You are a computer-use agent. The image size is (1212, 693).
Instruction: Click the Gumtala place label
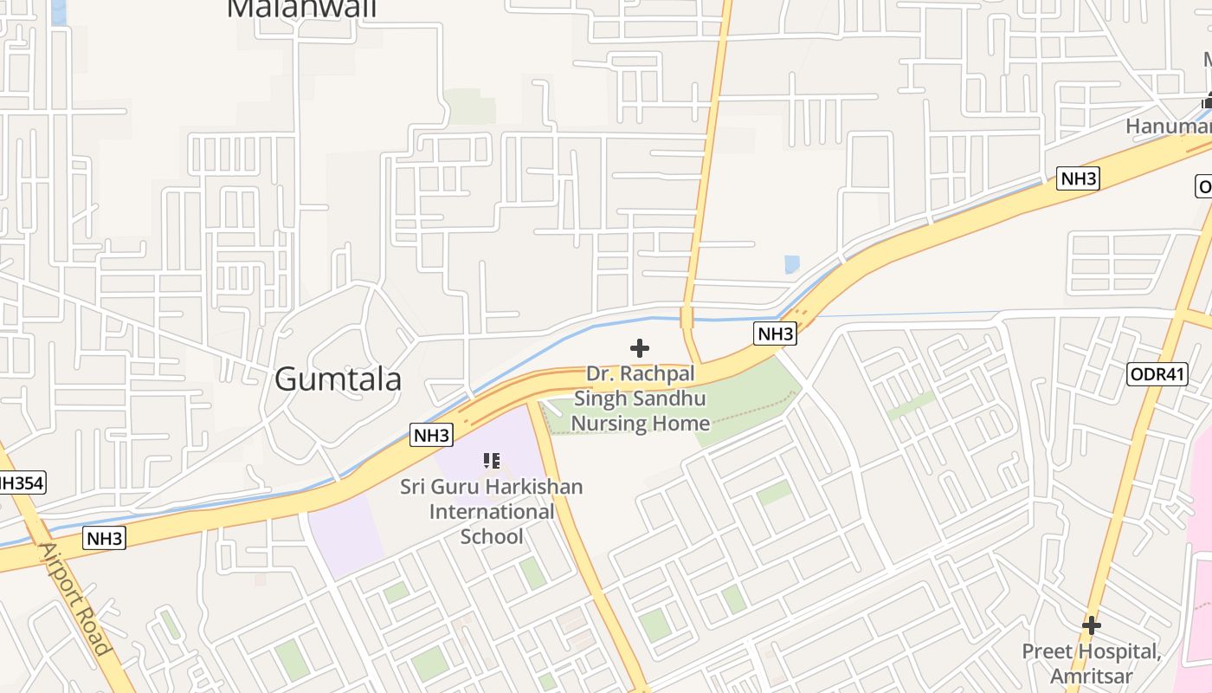click(338, 379)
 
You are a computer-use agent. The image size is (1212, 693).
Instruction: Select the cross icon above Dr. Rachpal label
click(640, 348)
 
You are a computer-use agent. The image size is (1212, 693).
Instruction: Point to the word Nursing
click(603, 423)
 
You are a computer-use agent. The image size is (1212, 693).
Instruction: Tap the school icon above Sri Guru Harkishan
click(492, 461)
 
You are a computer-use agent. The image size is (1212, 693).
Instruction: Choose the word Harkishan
click(536, 486)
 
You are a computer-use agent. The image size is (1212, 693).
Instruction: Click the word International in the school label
click(492, 511)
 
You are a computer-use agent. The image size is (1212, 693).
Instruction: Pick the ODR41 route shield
click(1157, 374)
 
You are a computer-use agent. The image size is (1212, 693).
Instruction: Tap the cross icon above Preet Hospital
click(1091, 625)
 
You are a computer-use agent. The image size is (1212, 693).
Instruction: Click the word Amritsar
click(1091, 674)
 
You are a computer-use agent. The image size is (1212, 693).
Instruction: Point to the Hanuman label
click(1168, 126)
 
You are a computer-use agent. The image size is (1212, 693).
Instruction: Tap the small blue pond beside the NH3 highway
click(791, 263)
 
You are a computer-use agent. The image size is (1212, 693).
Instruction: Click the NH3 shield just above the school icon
click(431, 435)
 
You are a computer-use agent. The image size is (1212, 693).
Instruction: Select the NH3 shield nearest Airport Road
click(106, 538)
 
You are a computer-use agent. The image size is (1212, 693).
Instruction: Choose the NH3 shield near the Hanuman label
click(1079, 179)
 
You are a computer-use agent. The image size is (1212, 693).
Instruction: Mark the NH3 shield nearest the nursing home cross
click(775, 334)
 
